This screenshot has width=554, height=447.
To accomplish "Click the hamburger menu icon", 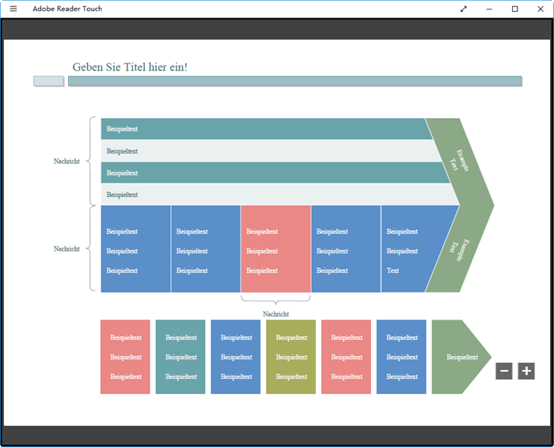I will point(13,9).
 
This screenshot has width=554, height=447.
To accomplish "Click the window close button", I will point(541,9).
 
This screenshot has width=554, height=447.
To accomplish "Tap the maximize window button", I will point(514,9).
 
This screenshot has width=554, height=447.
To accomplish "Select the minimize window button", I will point(489,9).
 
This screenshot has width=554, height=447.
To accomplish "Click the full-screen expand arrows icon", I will point(463,9).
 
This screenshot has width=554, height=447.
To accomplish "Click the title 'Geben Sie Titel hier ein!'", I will point(130,67).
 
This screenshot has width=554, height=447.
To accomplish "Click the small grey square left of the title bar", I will point(48,81).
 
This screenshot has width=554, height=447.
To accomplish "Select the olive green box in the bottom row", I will point(290,357).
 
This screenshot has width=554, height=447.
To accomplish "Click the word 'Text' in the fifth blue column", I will point(393,271).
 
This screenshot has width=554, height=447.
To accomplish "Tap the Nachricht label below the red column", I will point(275,314).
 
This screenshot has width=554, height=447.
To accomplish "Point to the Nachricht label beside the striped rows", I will point(66,161).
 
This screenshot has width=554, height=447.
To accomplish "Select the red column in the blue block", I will point(275,248).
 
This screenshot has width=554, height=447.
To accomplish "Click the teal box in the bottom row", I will point(180,357).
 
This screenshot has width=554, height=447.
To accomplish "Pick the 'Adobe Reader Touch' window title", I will point(67,9).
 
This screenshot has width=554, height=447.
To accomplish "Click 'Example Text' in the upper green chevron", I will point(459,161).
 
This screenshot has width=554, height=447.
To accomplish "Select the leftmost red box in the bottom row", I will point(125,357).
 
